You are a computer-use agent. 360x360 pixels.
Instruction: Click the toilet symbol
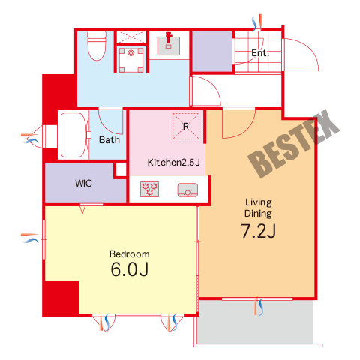pos(97,46)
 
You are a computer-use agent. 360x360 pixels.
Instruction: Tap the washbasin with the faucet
pos(168,46)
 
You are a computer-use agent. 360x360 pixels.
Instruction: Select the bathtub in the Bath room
pos(73,135)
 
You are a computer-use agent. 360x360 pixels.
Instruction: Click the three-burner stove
pos(149,189)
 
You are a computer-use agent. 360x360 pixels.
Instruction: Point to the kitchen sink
pos(187,190)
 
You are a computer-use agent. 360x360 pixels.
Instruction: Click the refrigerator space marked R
pos(186,126)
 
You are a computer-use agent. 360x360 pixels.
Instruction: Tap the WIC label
pos(83,184)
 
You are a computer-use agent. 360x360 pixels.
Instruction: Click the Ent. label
pos(260,53)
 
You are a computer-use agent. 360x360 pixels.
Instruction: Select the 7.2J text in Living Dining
pos(259,231)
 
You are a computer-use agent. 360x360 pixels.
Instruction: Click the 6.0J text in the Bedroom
pos(130,269)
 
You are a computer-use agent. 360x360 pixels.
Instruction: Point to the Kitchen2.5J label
pos(174,163)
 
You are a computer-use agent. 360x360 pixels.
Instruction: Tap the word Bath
pos(109,140)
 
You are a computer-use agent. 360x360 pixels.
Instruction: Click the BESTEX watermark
pos(293,144)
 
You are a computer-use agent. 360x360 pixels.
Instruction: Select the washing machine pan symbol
pos(130,60)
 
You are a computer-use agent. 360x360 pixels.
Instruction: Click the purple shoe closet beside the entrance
pos(211,51)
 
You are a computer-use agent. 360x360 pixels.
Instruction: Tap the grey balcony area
pos(255,322)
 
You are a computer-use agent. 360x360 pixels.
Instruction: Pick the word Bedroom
pos(130,254)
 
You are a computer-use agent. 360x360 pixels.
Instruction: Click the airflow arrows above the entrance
pos(257,22)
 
